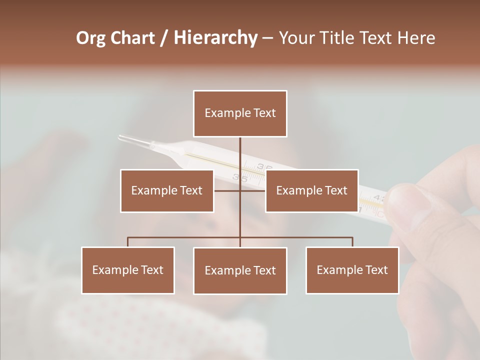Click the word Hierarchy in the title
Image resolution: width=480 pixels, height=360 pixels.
tap(215, 38)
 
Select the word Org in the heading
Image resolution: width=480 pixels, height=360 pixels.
tap(91, 38)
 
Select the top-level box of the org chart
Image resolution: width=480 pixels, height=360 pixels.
tap(240, 113)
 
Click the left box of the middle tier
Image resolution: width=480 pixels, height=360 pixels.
tap(167, 190)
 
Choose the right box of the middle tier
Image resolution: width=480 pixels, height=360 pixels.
tap(311, 190)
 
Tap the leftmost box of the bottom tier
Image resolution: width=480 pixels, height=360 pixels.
tap(128, 270)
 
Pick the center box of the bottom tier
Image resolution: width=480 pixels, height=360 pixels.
tap(240, 270)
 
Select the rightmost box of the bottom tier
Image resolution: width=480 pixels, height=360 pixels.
tap(352, 270)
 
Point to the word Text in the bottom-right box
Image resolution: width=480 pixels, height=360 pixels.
tap(375, 270)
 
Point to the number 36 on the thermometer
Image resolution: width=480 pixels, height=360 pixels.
tap(265, 166)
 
